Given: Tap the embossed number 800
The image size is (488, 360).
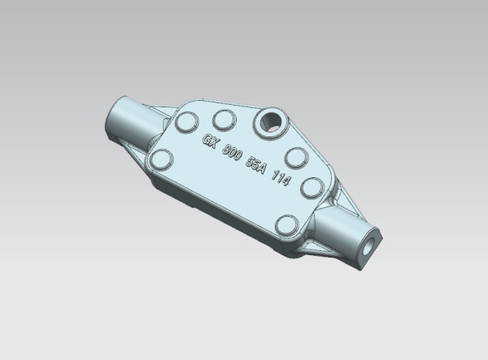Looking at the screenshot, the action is [x=232, y=152].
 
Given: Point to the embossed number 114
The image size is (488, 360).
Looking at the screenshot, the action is [x=281, y=178].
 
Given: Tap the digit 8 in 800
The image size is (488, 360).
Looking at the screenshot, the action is [x=226, y=150].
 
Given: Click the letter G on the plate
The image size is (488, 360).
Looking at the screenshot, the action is [x=206, y=139].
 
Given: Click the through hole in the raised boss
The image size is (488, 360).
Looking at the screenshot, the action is [x=270, y=122].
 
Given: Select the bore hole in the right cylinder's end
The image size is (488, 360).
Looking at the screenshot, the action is [x=370, y=246].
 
